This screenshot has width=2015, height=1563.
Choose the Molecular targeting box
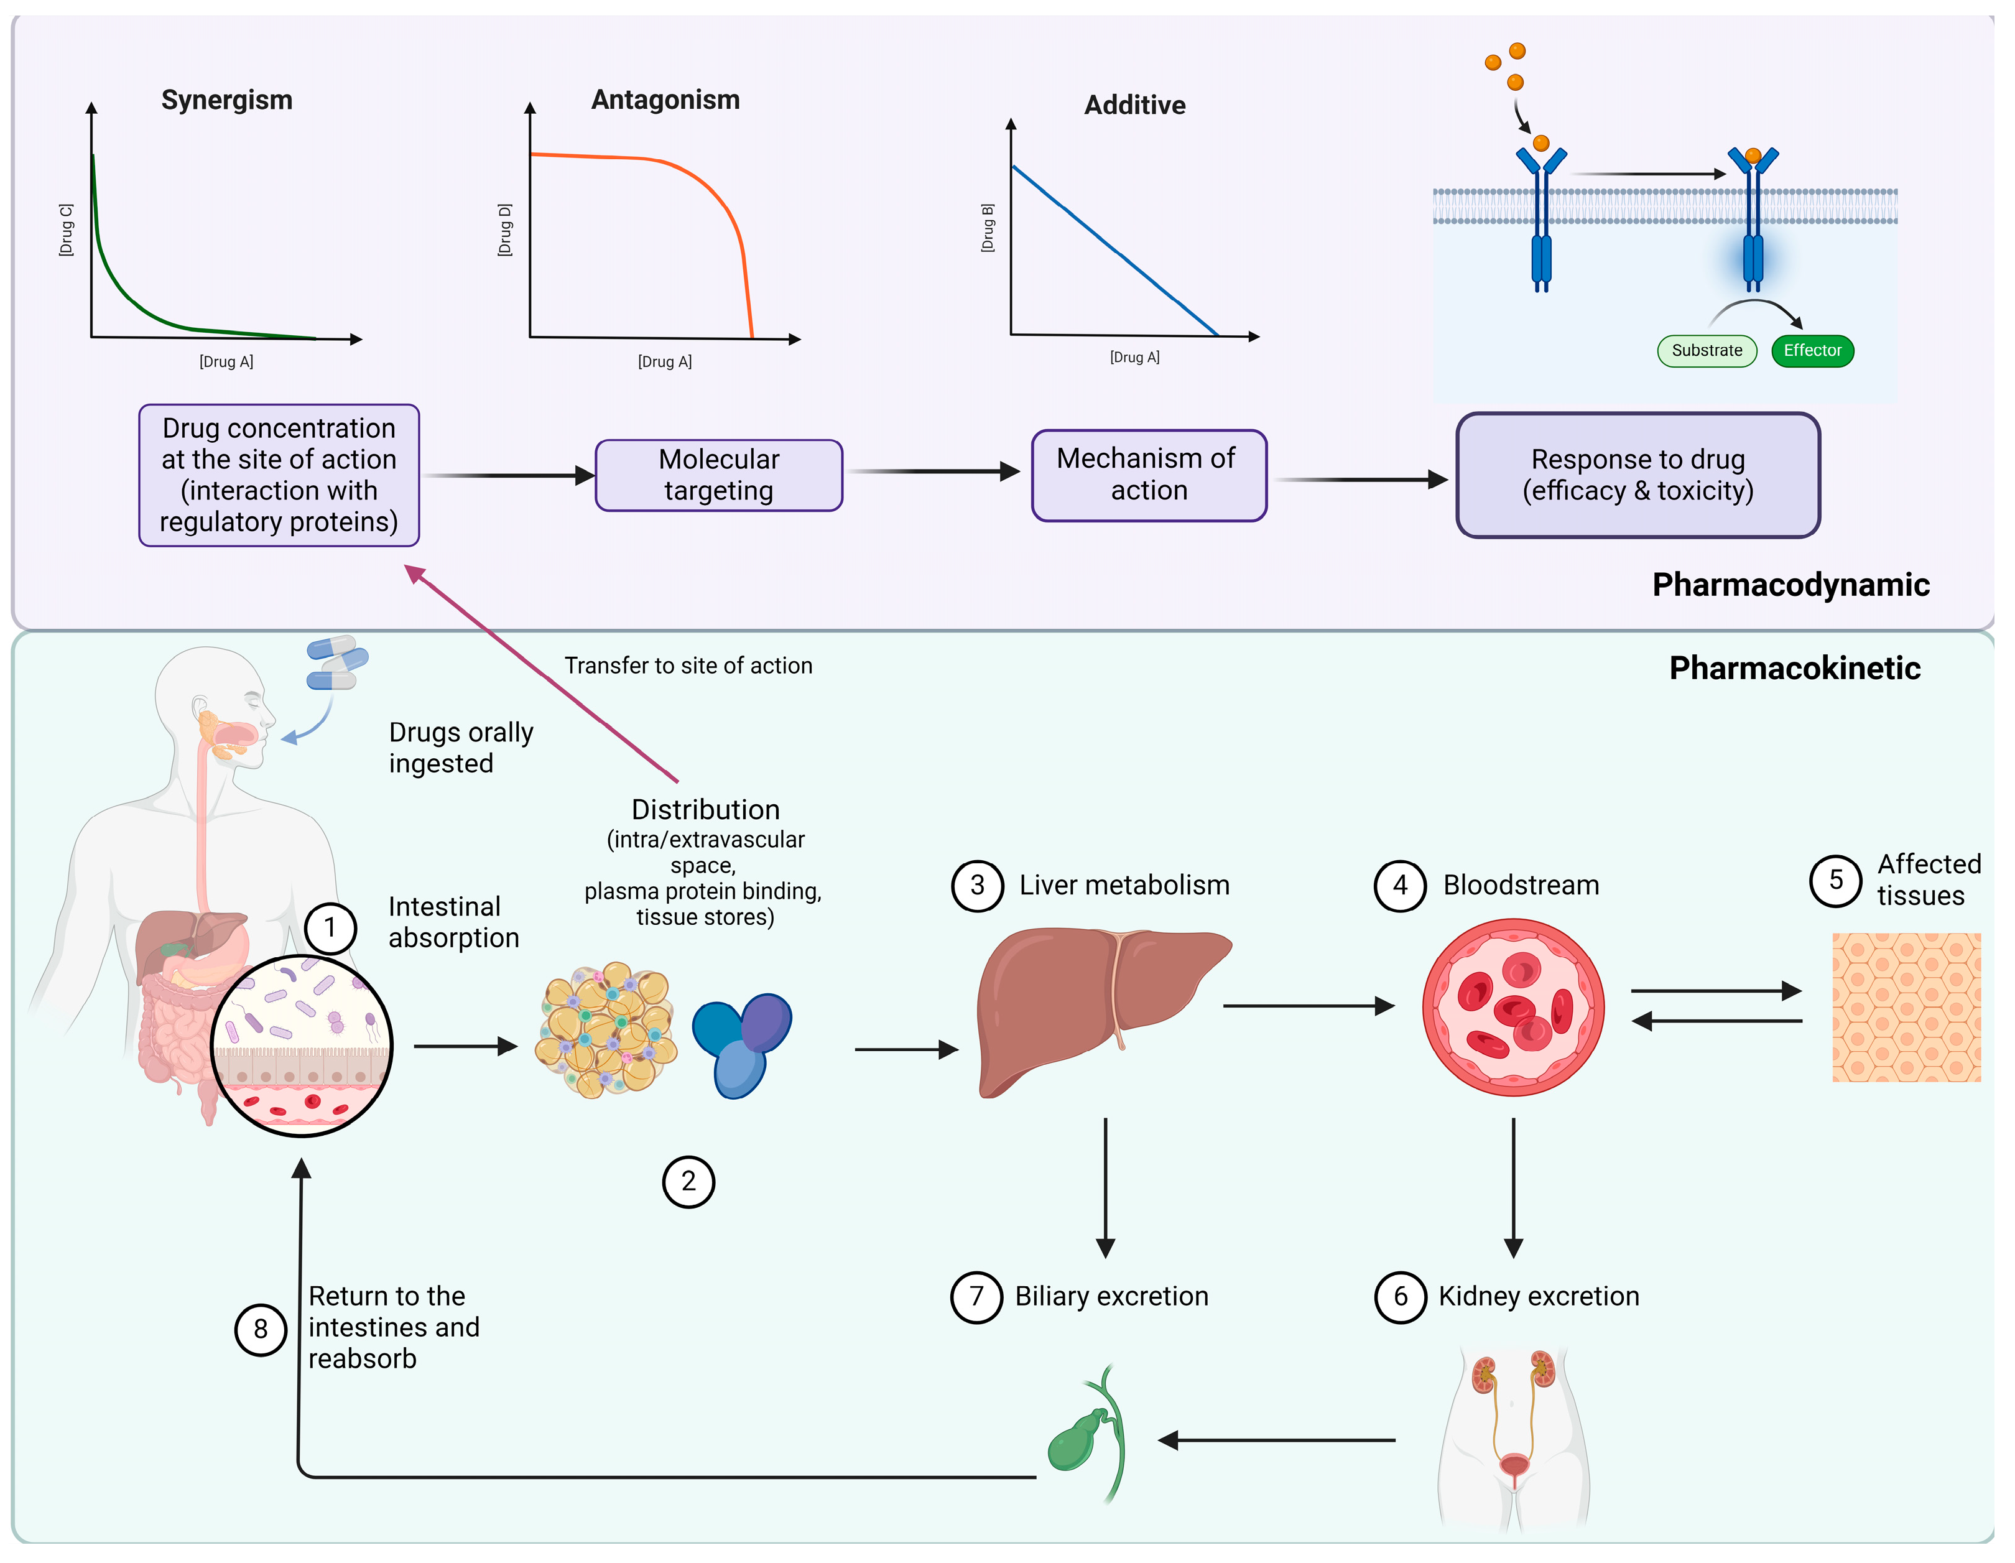coord(719,475)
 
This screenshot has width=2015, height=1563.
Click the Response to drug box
coord(1637,475)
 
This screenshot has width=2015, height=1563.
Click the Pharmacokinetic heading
coord(1794,668)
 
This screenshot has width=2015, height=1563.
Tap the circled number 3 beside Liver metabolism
coord(977,886)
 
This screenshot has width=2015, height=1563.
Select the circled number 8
coord(261,1329)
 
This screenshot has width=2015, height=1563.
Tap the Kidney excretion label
coord(1538,1296)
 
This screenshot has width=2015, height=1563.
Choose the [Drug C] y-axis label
coord(65,231)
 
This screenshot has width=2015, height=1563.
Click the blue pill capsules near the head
coord(336,662)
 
